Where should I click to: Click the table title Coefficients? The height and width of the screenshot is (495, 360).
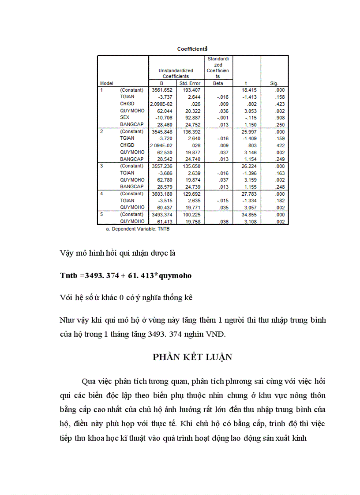click(x=192, y=49)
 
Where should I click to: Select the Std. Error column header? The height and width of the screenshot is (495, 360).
click(x=190, y=83)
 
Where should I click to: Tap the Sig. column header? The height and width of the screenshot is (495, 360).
click(x=274, y=83)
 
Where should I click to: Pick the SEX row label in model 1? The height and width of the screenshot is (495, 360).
click(x=124, y=118)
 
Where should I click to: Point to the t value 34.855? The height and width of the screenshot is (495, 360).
click(x=249, y=214)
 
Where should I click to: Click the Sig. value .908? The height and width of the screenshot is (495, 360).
click(x=279, y=118)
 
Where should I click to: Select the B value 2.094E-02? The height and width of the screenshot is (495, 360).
click(x=161, y=145)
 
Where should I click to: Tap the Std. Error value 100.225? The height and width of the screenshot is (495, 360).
click(x=191, y=214)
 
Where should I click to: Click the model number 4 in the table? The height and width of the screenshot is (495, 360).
click(x=101, y=194)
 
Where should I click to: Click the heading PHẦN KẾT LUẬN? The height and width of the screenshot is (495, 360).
click(x=192, y=357)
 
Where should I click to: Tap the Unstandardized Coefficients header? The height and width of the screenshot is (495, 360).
click(x=176, y=73)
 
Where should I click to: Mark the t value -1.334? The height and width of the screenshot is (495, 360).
click(x=249, y=201)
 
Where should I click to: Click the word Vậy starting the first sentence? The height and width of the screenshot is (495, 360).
click(x=67, y=253)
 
